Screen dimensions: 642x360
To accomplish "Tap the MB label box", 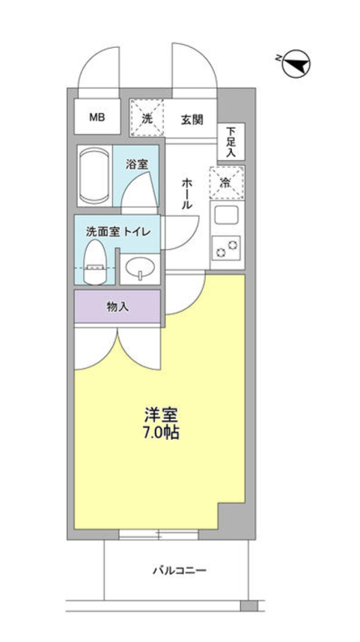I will click(98, 117).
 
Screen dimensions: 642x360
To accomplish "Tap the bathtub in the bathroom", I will click(94, 177).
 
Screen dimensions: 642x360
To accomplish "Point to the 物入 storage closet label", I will click(117, 307).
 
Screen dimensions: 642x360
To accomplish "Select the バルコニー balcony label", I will click(178, 570).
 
